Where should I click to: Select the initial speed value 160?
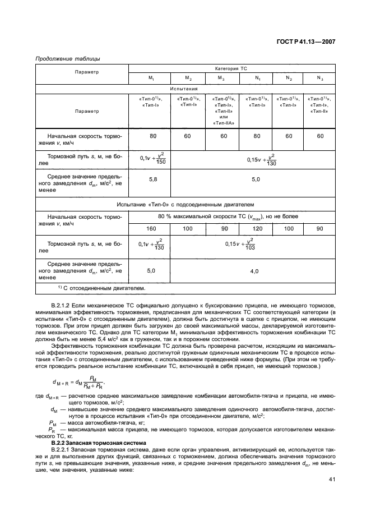151,229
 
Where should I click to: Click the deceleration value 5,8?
151,179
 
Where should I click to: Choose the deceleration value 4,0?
254,271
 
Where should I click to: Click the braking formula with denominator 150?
151,159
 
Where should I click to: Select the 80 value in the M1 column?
151,136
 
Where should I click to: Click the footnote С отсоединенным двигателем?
101,288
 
